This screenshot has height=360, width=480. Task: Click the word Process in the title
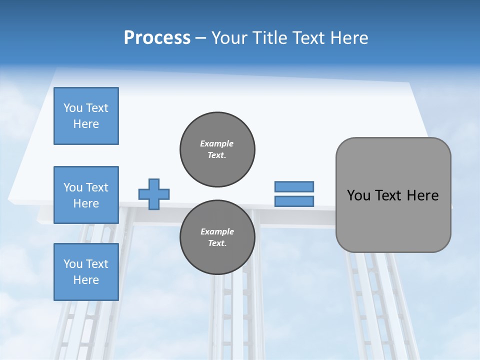[157, 38]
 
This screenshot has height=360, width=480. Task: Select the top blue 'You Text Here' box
[86, 116]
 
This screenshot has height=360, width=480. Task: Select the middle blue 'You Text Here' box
[86, 195]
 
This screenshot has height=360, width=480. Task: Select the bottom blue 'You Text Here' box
[86, 272]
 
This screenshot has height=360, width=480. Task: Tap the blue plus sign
[154, 194]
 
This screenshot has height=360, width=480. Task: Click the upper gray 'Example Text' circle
[217, 149]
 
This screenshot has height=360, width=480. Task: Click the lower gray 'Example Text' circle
[217, 237]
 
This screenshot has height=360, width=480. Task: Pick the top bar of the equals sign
[294, 186]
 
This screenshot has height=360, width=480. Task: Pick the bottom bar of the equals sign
[294, 201]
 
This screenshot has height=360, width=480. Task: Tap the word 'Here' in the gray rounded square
[422, 195]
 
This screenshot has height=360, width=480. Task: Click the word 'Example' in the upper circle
[217, 143]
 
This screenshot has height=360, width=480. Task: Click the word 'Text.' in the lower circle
[217, 243]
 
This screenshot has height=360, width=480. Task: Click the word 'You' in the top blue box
[72, 108]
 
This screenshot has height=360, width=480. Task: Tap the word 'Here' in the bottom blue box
[86, 280]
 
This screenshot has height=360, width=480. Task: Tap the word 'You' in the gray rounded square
[358, 195]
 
